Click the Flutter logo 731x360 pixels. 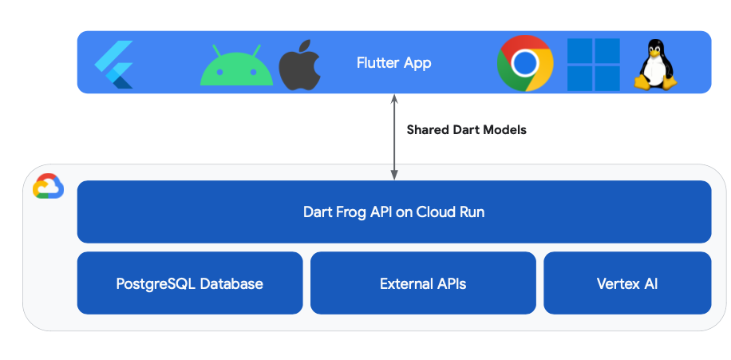tap(113, 63)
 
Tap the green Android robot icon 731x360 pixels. tap(231, 65)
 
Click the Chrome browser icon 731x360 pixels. tap(525, 63)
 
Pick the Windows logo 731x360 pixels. tap(594, 64)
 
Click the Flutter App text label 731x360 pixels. tap(393, 63)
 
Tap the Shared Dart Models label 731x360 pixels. tap(466, 129)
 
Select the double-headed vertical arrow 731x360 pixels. tap(393, 136)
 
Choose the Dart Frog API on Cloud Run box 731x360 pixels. tap(393, 212)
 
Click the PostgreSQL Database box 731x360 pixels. tap(190, 283)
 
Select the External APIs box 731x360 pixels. tap(423, 283)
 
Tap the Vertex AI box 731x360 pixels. tap(627, 283)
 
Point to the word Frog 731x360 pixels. tap(351, 212)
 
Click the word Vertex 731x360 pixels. tap(617, 283)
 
